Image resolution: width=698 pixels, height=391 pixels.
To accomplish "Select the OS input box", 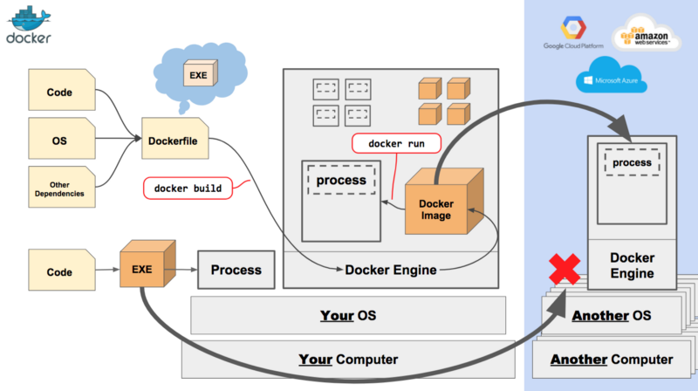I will click(60, 140).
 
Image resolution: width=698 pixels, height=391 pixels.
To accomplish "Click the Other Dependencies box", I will click(60, 187).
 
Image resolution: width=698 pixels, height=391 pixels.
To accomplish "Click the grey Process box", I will click(236, 270).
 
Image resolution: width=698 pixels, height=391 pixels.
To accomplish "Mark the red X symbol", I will click(565, 269).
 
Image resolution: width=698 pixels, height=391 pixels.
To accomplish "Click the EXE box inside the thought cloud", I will click(198, 75).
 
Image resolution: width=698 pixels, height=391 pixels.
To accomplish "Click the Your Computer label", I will click(348, 359).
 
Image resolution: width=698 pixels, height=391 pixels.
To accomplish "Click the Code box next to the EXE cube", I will click(60, 271).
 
